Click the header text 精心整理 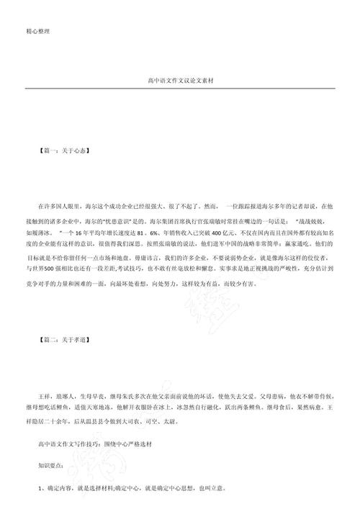(37, 31)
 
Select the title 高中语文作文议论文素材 (181, 82)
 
